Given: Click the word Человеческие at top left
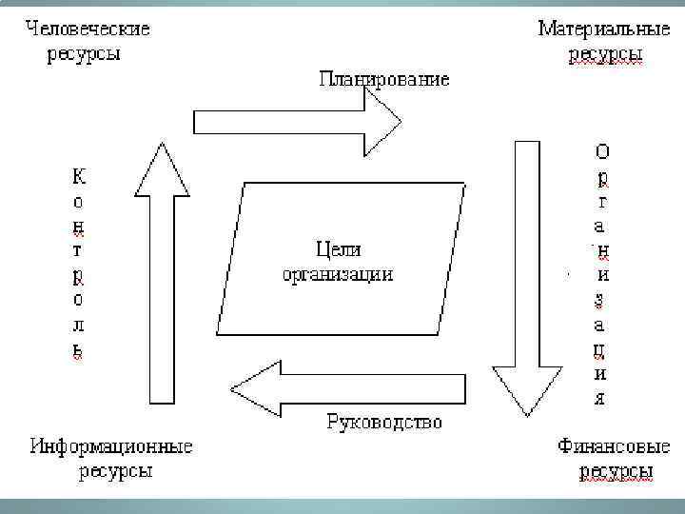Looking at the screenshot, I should [88, 29].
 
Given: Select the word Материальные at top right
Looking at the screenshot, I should [604, 29].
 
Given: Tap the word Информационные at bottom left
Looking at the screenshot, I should [111, 445].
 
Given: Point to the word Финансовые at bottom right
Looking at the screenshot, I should [604, 445].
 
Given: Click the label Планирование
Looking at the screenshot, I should [383, 78].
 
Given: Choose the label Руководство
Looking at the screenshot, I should [384, 421].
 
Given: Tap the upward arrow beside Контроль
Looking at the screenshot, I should [161, 276].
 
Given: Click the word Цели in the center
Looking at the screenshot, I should [337, 249].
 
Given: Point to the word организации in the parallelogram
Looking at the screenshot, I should [337, 273].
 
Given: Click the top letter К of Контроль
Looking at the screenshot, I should [78, 177].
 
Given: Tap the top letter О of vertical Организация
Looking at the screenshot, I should [602, 151].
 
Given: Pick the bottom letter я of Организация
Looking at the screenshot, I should [599, 396].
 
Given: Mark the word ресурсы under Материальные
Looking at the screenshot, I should [605, 54].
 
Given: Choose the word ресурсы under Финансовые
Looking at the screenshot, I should [616, 470].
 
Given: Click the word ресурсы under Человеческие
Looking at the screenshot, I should [85, 53].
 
